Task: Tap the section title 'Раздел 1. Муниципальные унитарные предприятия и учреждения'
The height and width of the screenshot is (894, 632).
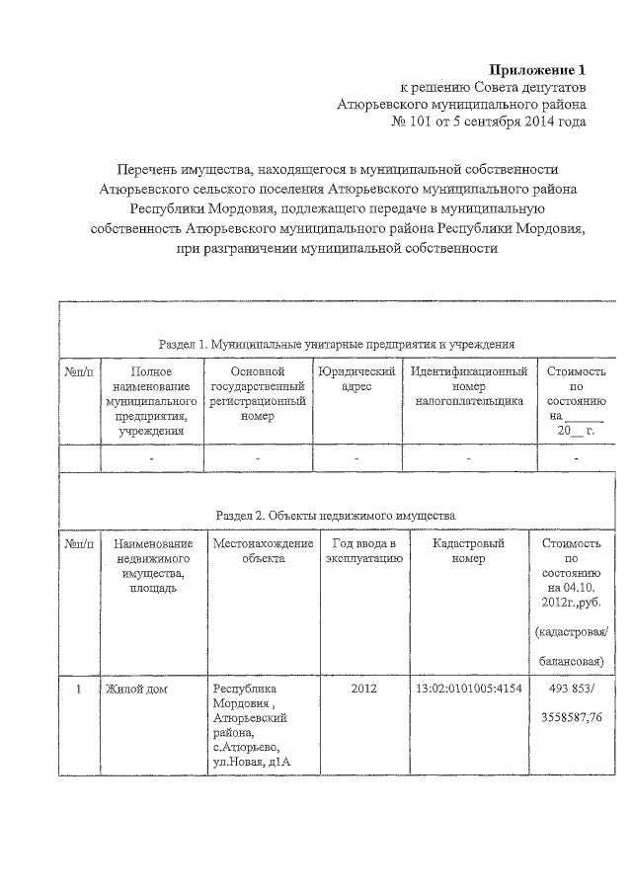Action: pos(337,344)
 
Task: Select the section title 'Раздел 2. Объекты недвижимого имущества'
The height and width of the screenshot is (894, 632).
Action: pos(336,516)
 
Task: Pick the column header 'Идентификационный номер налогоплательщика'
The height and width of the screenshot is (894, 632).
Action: pos(467,387)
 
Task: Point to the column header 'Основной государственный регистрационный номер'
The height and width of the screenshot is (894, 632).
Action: pos(257,394)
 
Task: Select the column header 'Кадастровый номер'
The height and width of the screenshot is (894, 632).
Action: pos(468,551)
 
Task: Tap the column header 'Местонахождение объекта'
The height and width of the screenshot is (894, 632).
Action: pos(263,551)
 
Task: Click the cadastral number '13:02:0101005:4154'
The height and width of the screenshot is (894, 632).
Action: pos(468,689)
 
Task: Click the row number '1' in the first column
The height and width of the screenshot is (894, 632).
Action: pos(78,689)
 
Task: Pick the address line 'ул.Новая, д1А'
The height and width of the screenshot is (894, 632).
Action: pos(254,762)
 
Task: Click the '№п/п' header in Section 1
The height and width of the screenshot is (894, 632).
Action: pos(79,372)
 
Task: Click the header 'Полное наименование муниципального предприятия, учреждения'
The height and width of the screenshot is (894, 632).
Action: pos(150,401)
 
